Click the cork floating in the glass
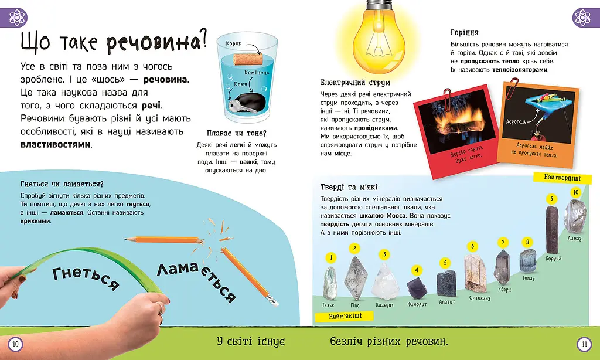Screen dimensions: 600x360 point(247,60)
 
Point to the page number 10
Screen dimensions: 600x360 point(15,344)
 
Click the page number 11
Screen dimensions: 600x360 point(584,344)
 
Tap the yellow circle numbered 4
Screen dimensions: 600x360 point(417,270)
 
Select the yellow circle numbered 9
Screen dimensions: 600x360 point(551,198)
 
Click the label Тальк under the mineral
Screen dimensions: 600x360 point(328,305)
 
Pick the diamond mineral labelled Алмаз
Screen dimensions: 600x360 point(575,216)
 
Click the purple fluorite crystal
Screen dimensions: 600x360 point(415,288)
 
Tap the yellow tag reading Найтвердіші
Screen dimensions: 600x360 point(562,178)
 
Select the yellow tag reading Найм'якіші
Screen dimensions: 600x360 point(345,317)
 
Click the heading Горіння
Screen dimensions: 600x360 point(464,33)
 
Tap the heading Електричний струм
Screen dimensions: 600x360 point(355,82)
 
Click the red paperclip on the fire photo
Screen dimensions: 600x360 point(447,97)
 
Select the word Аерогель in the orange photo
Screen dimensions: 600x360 point(516,121)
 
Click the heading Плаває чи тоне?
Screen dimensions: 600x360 point(236,133)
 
